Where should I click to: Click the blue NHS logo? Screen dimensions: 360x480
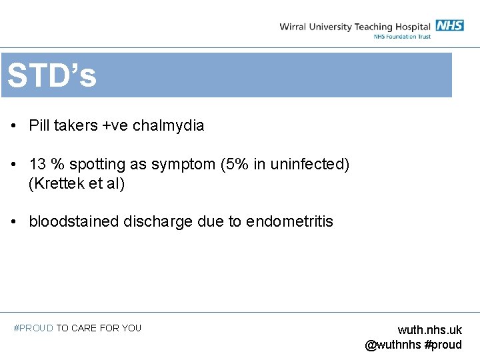(x=450, y=25)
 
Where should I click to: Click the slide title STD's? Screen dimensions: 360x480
(x=52, y=76)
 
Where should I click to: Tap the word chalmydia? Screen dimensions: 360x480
(x=169, y=125)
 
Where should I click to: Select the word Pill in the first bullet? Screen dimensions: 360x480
(x=38, y=125)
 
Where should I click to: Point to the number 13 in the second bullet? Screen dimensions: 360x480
(x=37, y=164)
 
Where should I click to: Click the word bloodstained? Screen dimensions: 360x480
(x=74, y=221)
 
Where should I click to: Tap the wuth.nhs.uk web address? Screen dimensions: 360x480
(x=429, y=330)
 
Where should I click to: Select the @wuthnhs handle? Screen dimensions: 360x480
(x=393, y=345)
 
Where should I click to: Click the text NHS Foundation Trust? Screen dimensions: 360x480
(x=401, y=36)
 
